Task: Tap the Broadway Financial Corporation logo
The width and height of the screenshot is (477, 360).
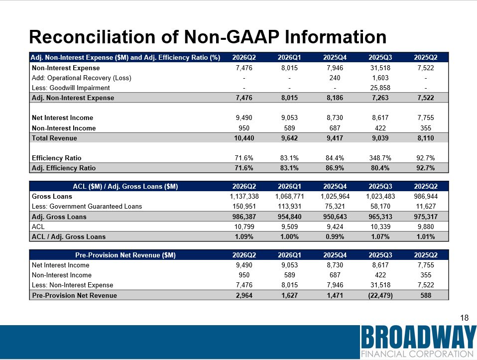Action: click(x=419, y=342)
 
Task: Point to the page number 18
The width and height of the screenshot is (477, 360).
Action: click(x=464, y=318)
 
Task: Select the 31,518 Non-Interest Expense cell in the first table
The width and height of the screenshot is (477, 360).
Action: click(x=380, y=68)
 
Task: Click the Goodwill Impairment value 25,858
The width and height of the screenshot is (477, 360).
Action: click(x=380, y=88)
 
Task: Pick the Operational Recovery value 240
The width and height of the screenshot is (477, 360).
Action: click(x=335, y=78)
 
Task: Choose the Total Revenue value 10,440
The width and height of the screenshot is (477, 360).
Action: click(x=244, y=138)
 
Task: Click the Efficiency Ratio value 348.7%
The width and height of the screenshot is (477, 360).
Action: click(x=380, y=158)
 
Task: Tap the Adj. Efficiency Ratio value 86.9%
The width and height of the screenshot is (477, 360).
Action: click(x=335, y=168)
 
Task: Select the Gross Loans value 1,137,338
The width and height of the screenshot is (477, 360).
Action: click(x=244, y=197)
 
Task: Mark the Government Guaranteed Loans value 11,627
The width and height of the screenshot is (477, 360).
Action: click(x=426, y=206)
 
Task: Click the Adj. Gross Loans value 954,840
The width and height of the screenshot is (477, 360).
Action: click(x=289, y=217)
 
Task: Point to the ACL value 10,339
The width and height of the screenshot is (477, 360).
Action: click(x=380, y=227)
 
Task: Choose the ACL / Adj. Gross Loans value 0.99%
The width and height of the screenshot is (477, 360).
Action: click(x=335, y=237)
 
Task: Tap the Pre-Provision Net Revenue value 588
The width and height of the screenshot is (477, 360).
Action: click(x=426, y=295)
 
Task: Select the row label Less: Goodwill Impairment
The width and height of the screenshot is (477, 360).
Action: click(x=71, y=88)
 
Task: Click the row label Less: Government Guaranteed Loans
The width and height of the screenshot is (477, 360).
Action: click(x=87, y=206)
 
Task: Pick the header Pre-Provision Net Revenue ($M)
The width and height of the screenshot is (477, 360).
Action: click(x=125, y=255)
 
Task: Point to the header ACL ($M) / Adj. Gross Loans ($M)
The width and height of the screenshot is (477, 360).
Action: click(x=125, y=186)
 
